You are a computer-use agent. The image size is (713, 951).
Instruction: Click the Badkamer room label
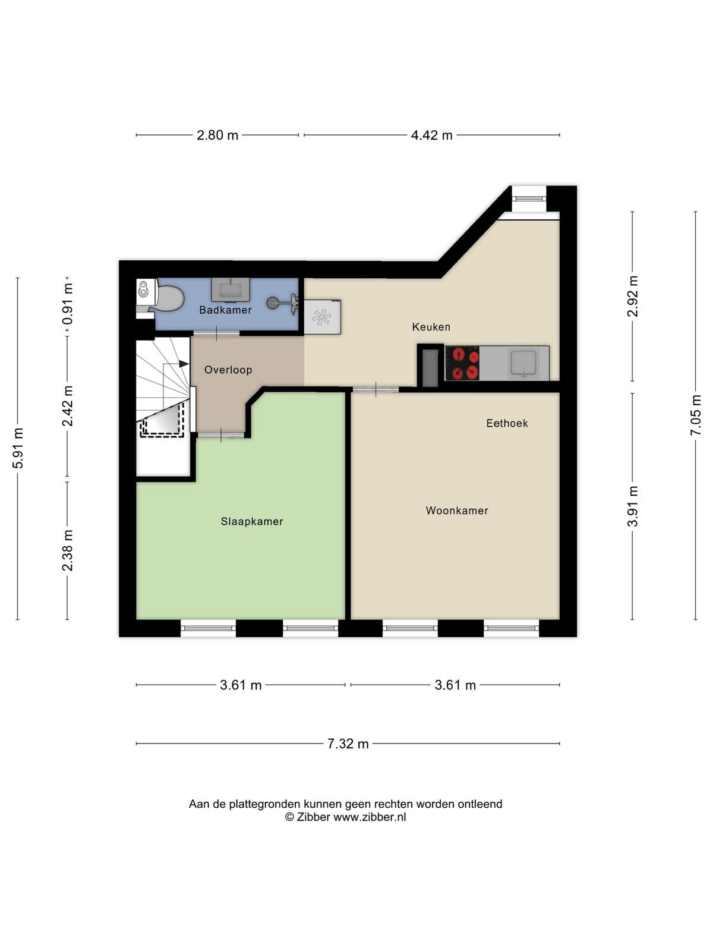(225, 310)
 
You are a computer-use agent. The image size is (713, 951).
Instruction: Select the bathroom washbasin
(231, 289)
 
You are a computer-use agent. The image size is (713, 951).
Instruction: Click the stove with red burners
(462, 363)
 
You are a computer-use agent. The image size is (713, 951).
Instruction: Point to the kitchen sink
(523, 363)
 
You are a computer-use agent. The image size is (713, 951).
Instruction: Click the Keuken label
(431, 327)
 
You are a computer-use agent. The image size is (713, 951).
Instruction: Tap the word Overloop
(228, 370)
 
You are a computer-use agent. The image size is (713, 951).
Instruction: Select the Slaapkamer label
(252, 521)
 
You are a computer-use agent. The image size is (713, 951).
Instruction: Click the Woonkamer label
(457, 511)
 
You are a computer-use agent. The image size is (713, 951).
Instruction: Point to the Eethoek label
(507, 423)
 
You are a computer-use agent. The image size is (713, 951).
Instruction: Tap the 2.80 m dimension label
(217, 135)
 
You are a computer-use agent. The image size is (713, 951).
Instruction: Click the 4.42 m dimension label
(431, 135)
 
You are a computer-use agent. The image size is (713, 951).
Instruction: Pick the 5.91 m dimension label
(18, 448)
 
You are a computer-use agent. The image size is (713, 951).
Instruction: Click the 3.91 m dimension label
(632, 506)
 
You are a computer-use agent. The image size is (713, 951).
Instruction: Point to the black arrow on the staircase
(184, 364)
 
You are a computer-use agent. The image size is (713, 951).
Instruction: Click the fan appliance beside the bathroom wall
(322, 317)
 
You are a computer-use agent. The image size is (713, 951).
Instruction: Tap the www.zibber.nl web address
(369, 817)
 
